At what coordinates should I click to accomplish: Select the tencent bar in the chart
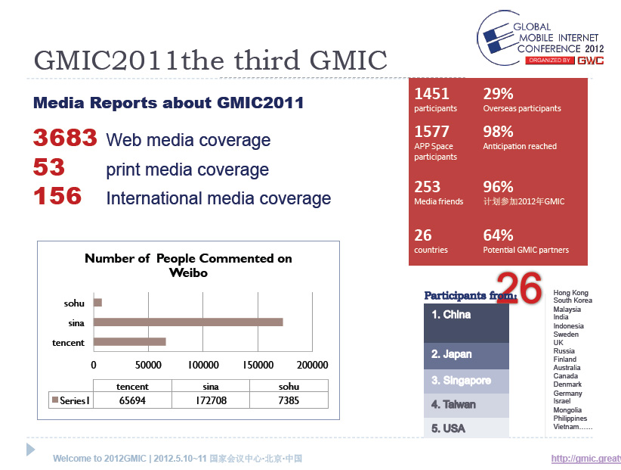pos(129,342)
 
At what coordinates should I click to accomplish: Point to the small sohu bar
pos(97,303)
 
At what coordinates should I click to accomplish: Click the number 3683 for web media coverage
pos(65,139)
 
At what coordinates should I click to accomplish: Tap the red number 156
pos(57,197)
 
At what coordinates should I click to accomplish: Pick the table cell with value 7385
pos(289,400)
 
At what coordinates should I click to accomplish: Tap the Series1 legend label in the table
pos(71,400)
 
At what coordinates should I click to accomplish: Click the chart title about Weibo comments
pos(188,265)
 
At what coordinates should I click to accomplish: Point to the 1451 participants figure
pos(432,94)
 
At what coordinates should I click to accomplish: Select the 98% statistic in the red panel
pos(498,132)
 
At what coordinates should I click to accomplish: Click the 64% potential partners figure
pos(498,235)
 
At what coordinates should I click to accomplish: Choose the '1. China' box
pos(466,322)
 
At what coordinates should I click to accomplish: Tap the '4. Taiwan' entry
pos(466,404)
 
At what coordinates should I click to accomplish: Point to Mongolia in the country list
pos(567,410)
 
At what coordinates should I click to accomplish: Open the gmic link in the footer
pos(585,459)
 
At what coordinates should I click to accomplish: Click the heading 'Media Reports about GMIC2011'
pos(168,103)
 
